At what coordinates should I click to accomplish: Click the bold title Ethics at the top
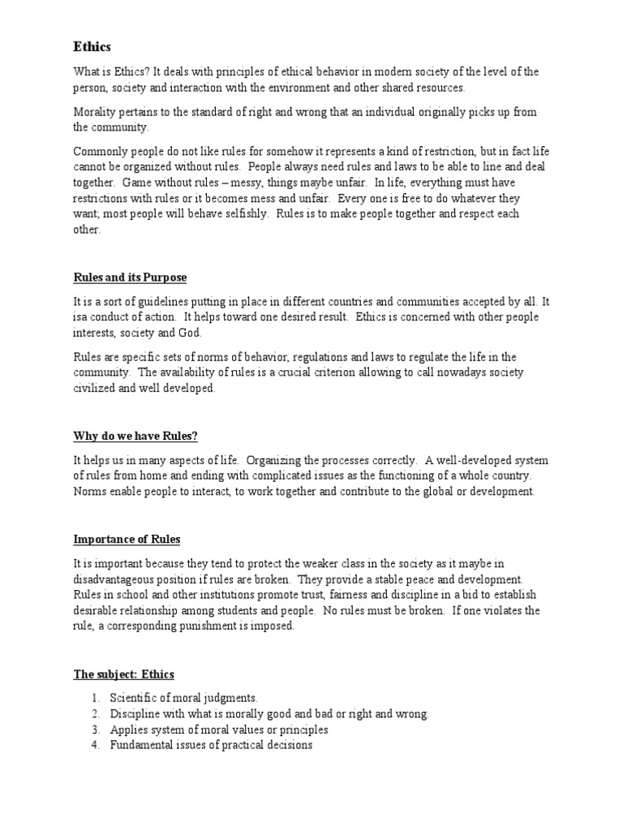point(92,47)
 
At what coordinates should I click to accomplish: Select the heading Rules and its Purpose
point(130,278)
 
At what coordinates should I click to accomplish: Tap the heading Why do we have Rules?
point(135,436)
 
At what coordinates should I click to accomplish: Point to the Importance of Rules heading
point(127,539)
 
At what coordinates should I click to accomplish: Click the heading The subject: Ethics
point(123,674)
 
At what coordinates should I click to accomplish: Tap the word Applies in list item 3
point(128,730)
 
